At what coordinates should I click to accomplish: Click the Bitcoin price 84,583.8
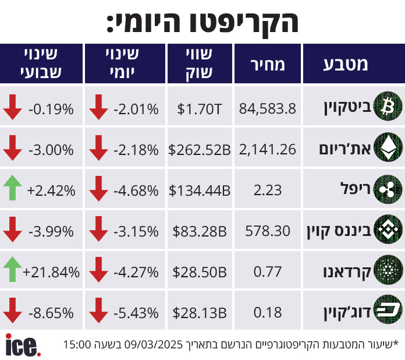(x=268, y=108)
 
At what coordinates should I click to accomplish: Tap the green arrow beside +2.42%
(x=12, y=190)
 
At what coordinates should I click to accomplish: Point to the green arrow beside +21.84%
(x=12, y=271)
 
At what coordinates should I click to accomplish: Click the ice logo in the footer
(x=23, y=344)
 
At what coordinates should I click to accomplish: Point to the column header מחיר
(x=268, y=64)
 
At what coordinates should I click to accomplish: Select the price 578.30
(x=268, y=231)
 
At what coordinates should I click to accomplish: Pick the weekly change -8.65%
(x=51, y=313)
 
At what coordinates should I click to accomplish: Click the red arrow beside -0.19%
(x=12, y=108)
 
